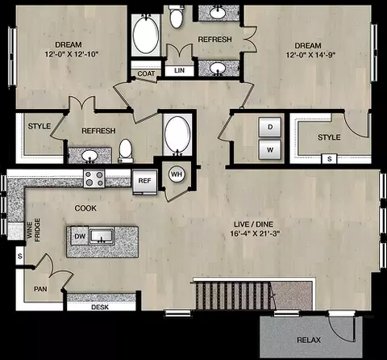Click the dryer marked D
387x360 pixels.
pos(270,127)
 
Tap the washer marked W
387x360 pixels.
pos(270,149)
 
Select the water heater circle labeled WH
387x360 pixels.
pos(177,174)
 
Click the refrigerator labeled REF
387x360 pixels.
pos(144,182)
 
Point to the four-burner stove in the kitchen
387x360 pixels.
pos(94,179)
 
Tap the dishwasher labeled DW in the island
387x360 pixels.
pos(80,237)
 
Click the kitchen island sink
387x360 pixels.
pos(102,236)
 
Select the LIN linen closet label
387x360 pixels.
pos(179,70)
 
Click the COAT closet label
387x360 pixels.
pos(146,73)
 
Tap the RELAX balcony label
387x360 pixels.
pos(309,340)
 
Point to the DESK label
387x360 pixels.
pos(100,307)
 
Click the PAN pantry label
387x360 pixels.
pos(40,289)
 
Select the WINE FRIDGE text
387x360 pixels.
pos(33,230)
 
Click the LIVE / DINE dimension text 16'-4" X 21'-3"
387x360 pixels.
pos(255,233)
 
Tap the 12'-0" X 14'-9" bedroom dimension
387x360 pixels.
pos(311,55)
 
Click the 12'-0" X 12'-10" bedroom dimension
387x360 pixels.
pos(72,54)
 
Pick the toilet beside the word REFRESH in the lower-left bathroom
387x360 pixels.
pos(126,150)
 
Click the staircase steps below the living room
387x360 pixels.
pos(233,295)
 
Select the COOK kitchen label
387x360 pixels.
pos(85,208)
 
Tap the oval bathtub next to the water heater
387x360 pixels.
pos(177,135)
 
